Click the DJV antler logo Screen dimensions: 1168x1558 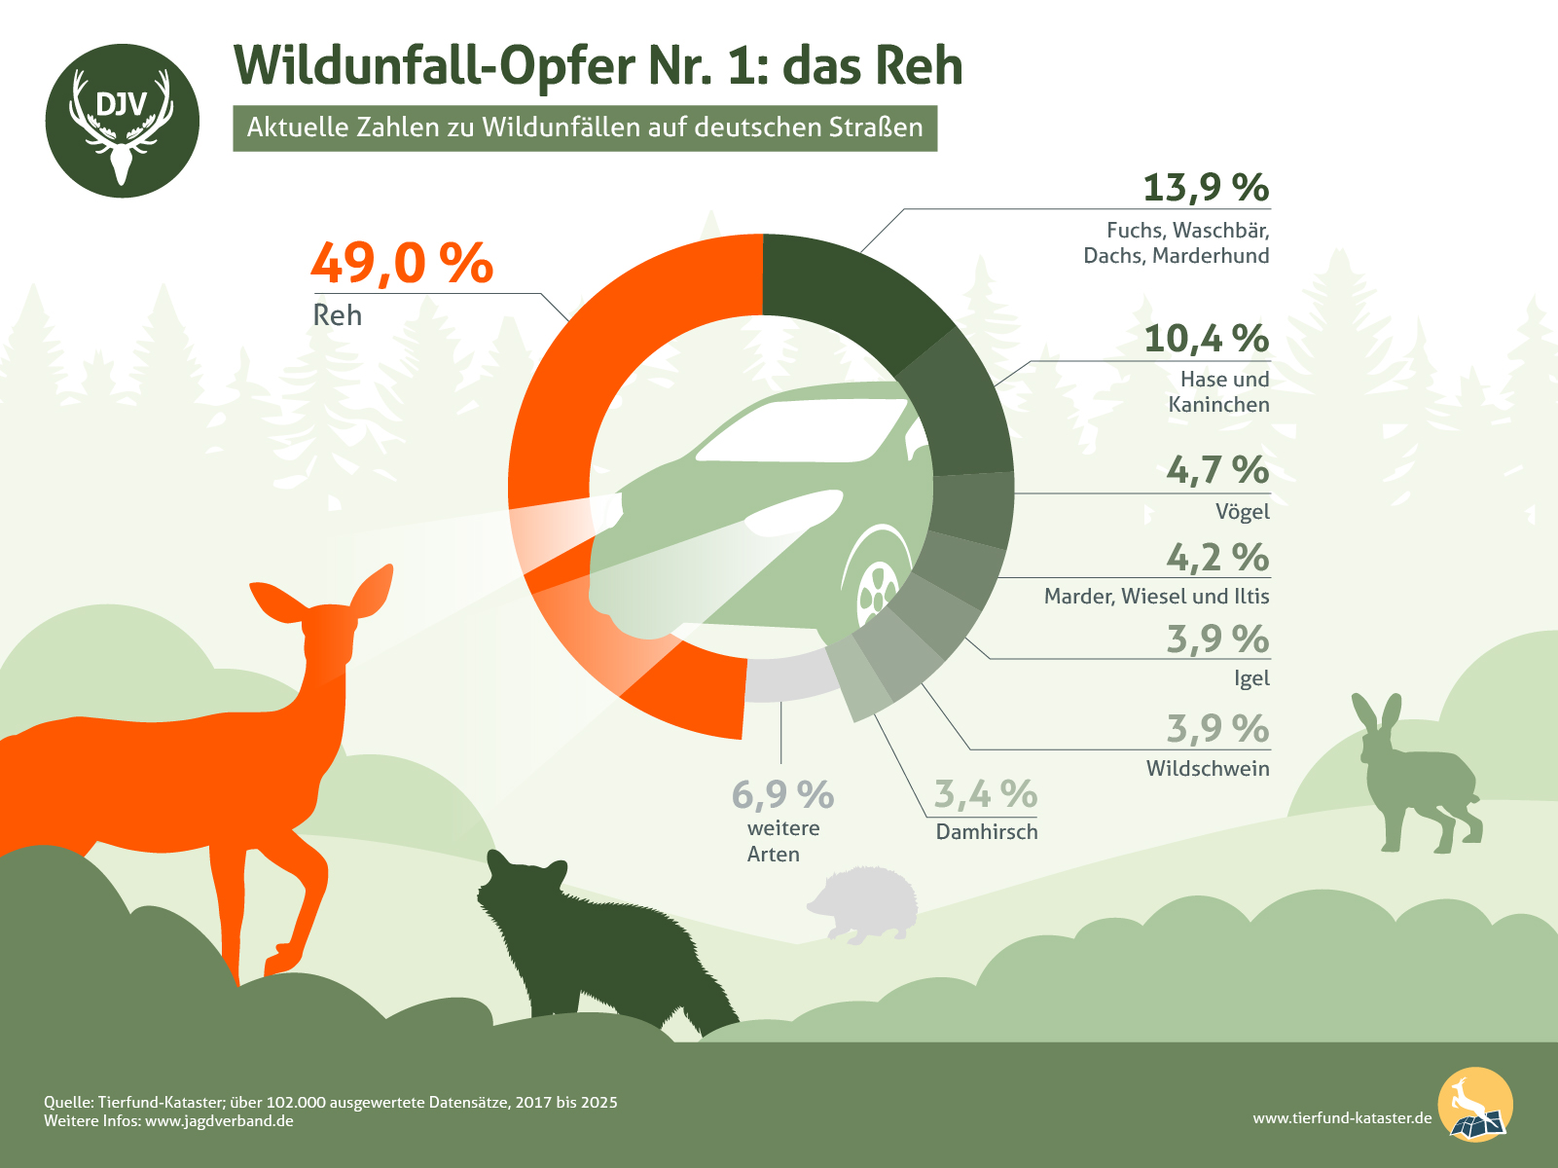[x=122, y=121]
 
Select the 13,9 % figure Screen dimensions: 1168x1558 [x=1206, y=187]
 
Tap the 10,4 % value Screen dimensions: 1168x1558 [x=1206, y=339]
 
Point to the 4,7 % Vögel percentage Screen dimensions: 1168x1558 [x=1217, y=470]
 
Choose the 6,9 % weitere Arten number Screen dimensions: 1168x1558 [x=782, y=795]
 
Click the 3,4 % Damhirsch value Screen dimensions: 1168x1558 [x=985, y=794]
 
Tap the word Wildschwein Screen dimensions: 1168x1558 [x=1207, y=769]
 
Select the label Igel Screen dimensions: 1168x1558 [x=1251, y=678]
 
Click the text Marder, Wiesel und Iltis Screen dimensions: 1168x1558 [x=1156, y=596]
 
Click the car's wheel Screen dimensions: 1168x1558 [x=877, y=589]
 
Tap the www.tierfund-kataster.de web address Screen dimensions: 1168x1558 [x=1342, y=1118]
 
